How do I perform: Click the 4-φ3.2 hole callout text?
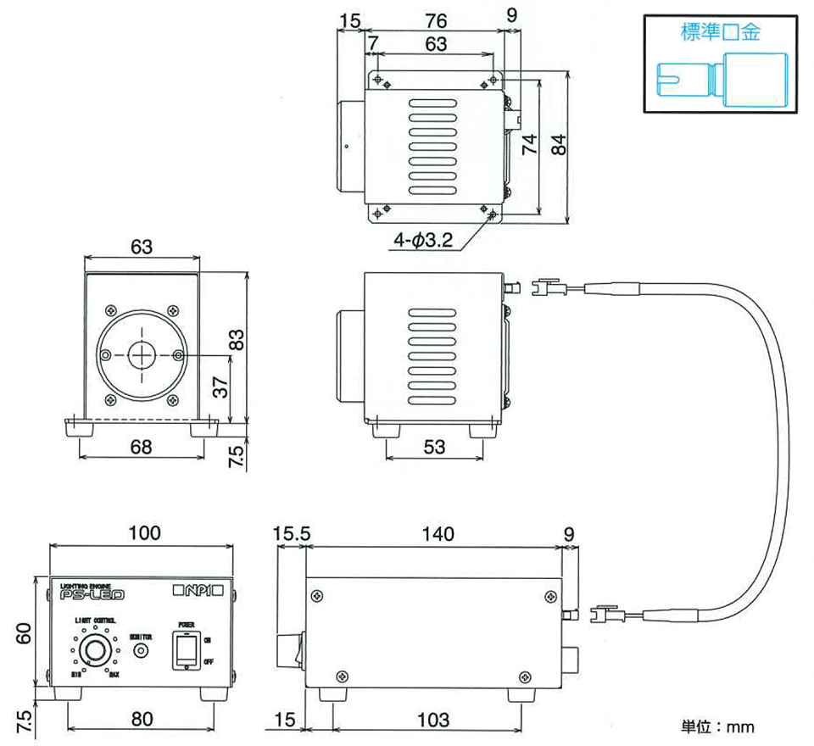(x=423, y=241)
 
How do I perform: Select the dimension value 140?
(x=436, y=534)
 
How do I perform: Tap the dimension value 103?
(x=433, y=721)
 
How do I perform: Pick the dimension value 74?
(x=530, y=144)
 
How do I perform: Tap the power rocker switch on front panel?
(x=186, y=651)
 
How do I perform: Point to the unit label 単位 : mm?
(x=717, y=727)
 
